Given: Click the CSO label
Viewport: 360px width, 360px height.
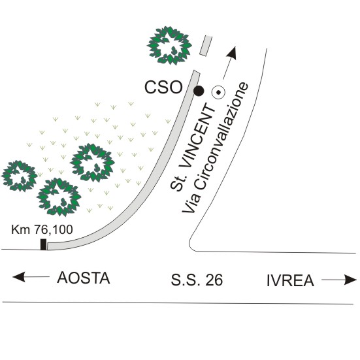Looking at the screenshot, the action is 163,87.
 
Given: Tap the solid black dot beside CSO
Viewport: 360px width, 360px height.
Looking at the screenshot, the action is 199,91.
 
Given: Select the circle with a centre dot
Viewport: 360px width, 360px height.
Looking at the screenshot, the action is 218,92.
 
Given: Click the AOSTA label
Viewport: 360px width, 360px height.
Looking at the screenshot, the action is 84,278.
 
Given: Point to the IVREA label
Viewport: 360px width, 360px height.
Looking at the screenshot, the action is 290,280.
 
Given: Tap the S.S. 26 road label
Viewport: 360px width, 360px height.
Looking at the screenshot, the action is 197,280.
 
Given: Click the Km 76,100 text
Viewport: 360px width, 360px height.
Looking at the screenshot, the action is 42,229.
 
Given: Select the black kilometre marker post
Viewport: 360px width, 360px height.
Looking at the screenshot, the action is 43,244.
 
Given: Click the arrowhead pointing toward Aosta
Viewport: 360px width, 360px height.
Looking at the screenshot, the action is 18,276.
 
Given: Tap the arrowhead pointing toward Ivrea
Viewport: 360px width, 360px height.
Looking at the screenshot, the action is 351,280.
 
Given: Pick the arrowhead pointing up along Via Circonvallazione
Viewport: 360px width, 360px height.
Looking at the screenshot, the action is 232,54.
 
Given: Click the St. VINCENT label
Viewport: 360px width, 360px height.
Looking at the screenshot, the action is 193,147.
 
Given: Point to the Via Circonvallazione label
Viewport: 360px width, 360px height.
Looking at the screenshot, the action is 215,148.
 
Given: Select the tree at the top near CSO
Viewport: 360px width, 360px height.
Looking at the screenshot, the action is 169,46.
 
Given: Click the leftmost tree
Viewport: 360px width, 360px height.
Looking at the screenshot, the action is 20,176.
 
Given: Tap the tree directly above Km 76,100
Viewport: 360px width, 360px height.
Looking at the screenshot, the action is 59,197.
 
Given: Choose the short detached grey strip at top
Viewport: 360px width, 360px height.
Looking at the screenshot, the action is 206,46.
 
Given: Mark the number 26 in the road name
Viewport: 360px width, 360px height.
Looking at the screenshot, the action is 214,280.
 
